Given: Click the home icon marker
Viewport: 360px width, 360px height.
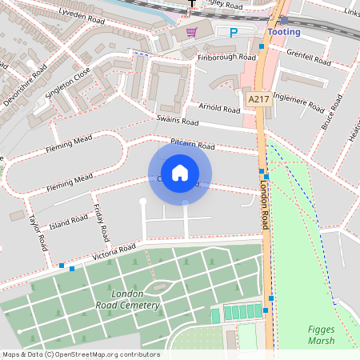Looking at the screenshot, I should click(180, 172).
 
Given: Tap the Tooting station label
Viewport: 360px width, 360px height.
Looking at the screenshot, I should click(284, 32).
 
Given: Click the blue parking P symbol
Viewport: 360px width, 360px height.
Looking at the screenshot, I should click(234, 33).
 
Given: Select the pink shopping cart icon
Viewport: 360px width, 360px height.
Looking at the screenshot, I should click(191, 32).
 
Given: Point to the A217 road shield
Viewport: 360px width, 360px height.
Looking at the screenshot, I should click(258, 98).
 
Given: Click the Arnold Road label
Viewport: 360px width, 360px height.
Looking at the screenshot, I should click(219, 108).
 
